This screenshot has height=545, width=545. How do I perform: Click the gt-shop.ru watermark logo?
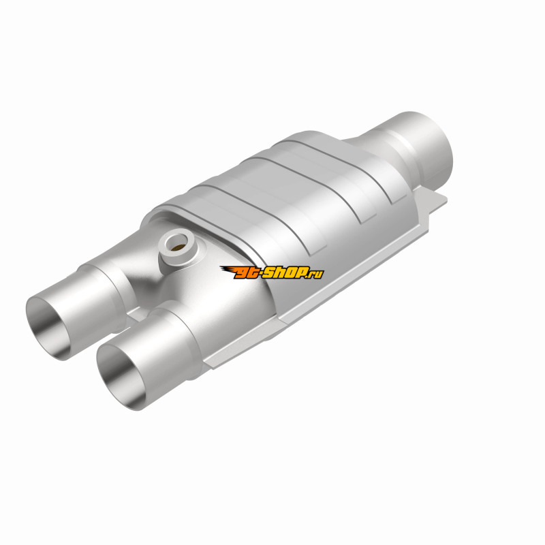[272, 272]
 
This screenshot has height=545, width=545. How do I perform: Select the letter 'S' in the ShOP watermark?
[270, 272]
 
